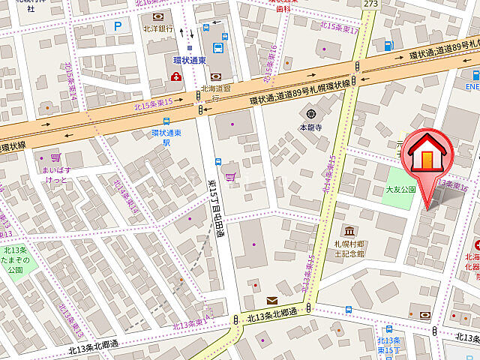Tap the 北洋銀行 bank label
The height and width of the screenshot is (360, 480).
(158, 28)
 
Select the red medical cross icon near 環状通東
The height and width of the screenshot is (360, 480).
(175, 76)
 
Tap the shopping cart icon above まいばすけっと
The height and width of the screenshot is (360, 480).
(55, 158)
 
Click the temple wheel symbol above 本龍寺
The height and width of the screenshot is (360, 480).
(307, 114)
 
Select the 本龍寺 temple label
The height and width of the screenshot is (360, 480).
(309, 127)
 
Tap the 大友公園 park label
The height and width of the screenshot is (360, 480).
(400, 190)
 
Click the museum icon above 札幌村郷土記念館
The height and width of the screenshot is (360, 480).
(349, 231)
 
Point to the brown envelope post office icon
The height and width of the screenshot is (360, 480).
(271, 300)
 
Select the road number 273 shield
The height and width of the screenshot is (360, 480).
(370, 4)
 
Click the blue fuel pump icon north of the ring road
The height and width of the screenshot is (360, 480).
(388, 46)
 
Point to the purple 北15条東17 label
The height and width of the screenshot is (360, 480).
(340, 27)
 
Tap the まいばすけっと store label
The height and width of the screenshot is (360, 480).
(57, 175)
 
